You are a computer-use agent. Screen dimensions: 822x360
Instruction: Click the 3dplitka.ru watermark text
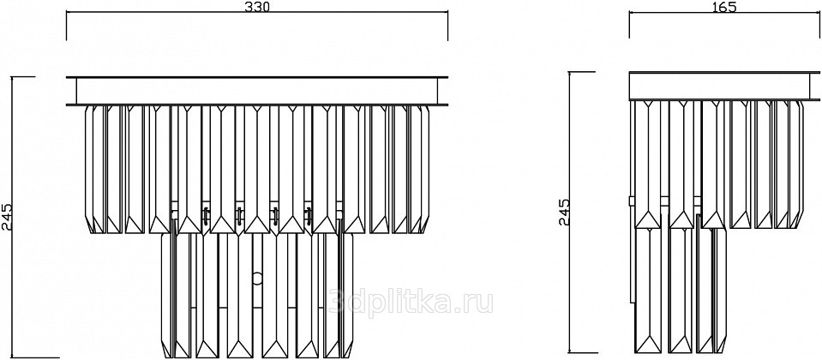pos(411,303)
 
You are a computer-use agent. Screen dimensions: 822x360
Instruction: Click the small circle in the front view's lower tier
pos(257,279)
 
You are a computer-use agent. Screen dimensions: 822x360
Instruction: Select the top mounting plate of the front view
pos(257,91)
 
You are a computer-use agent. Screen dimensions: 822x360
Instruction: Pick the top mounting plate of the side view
pos(724,86)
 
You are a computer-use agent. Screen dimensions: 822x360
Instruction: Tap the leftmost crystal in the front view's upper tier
pos(93,169)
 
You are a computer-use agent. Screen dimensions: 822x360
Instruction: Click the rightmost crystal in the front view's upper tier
pos(419,169)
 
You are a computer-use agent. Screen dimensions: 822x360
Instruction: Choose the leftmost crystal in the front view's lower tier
pos(167,295)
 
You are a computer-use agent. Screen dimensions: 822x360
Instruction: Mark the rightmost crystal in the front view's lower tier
pos(347,295)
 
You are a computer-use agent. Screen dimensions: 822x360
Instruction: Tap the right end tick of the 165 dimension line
pos(819,25)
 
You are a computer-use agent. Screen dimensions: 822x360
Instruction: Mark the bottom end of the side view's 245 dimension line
pos(582,353)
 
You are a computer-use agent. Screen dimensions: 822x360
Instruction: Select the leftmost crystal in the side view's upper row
pos(649,164)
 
